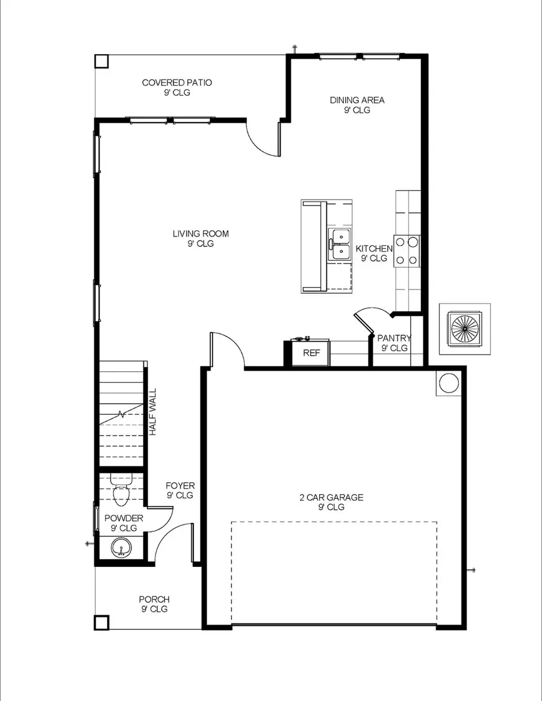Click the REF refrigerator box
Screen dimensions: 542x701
[x=311, y=353]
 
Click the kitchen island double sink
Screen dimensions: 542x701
[x=339, y=244]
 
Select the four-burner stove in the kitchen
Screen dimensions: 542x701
[x=407, y=251]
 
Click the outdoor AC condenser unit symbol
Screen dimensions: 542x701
[x=464, y=329]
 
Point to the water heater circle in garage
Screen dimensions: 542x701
[x=448, y=383]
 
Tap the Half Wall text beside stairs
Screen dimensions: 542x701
[x=153, y=412]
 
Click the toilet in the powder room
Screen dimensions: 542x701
[x=121, y=491]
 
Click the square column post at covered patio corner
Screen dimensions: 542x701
[x=102, y=61]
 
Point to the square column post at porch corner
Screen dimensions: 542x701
[x=102, y=623]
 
